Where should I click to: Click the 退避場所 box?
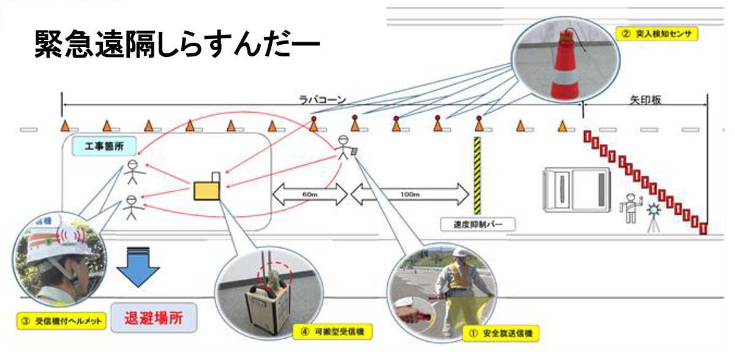[153, 318]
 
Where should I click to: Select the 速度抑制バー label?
[478, 224]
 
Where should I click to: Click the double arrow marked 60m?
[309, 194]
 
